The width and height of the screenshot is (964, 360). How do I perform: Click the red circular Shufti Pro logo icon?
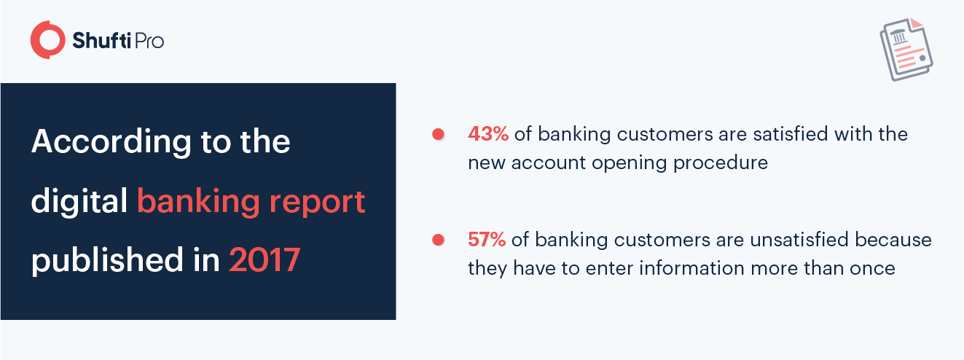pos(48,39)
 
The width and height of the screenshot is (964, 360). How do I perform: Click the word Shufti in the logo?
pos(101,40)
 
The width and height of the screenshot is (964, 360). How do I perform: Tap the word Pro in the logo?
pos(149,41)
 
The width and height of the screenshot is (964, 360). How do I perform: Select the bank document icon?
pos(906,49)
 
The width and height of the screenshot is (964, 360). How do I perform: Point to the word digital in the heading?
pos(79,200)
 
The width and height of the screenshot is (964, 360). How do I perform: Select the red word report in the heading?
pos(317,203)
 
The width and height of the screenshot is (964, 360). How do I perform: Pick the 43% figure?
pos(488,134)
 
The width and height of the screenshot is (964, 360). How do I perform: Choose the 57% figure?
pos(487,240)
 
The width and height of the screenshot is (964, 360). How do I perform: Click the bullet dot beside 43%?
pos(438,134)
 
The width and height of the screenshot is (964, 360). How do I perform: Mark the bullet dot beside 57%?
pos(438,240)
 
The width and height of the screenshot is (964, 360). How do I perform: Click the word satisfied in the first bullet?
pos(790,134)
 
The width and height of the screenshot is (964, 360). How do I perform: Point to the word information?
pos(692,268)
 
